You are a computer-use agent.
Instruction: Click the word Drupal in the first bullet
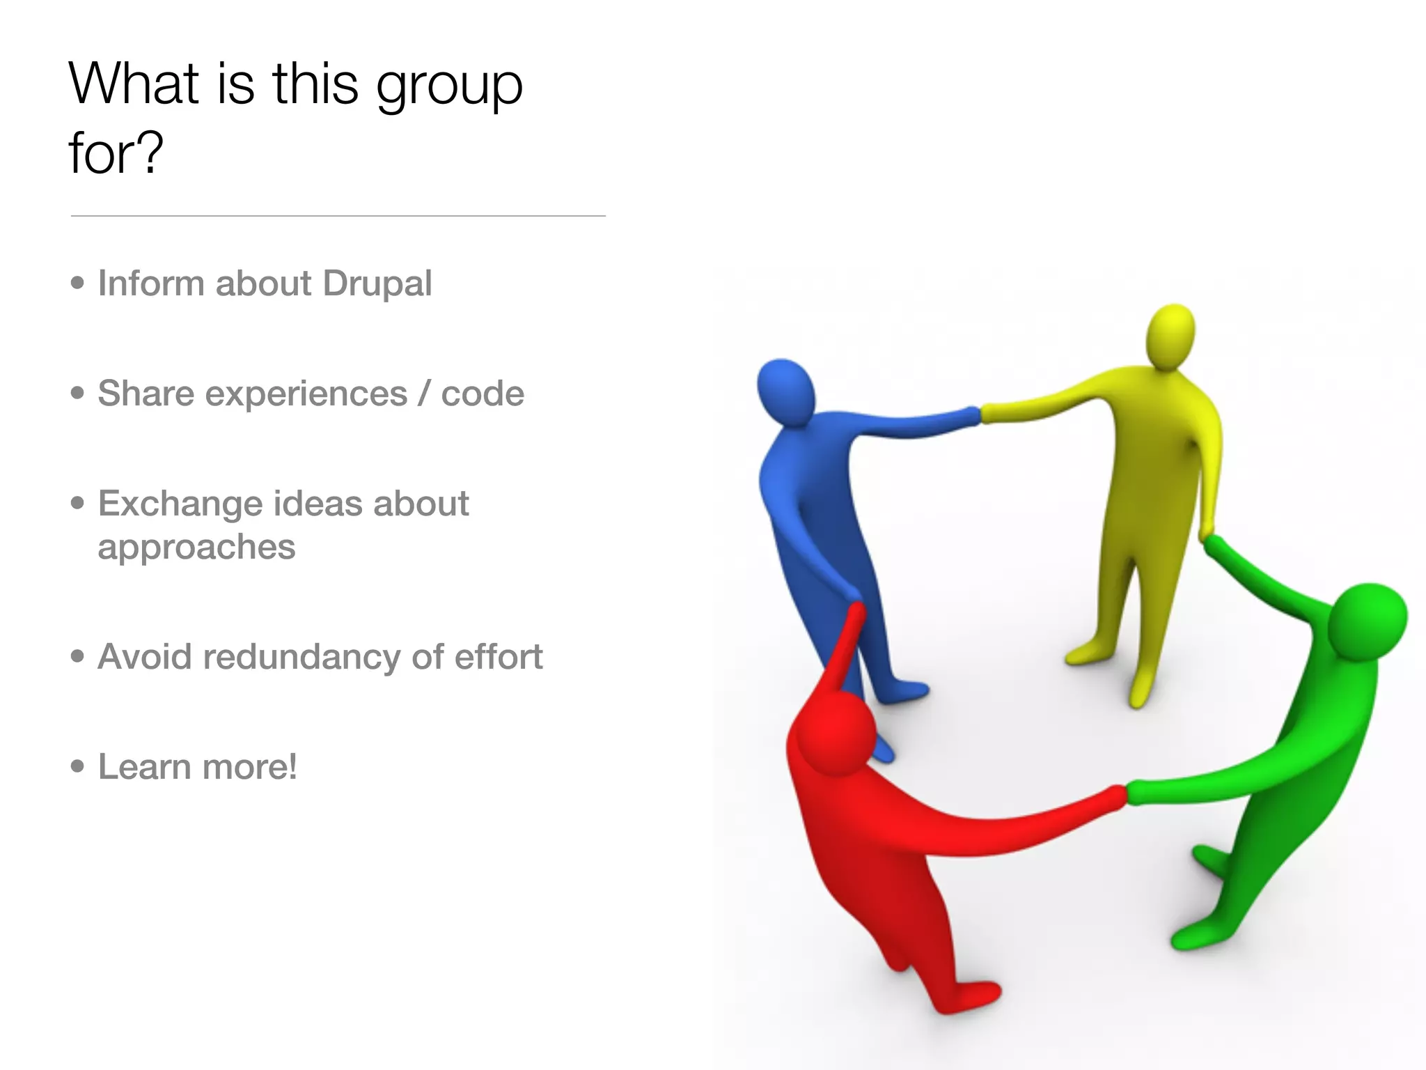tap(377, 284)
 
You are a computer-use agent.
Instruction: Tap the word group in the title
tap(449, 86)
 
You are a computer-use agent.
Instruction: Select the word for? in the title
tap(116, 153)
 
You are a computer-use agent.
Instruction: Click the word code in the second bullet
tap(483, 394)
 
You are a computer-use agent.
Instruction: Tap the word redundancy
tap(301, 658)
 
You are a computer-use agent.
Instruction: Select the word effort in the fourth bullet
tap(499, 656)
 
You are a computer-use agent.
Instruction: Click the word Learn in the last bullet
tap(144, 767)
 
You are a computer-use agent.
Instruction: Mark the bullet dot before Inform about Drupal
tap(77, 283)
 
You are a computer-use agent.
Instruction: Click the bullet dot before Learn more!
tap(77, 766)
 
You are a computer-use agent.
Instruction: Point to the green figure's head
tap(1366, 622)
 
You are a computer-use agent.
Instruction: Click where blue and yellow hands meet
tap(980, 414)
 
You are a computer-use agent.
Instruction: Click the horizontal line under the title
tap(338, 216)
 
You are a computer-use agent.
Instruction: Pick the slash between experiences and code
tap(424, 394)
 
